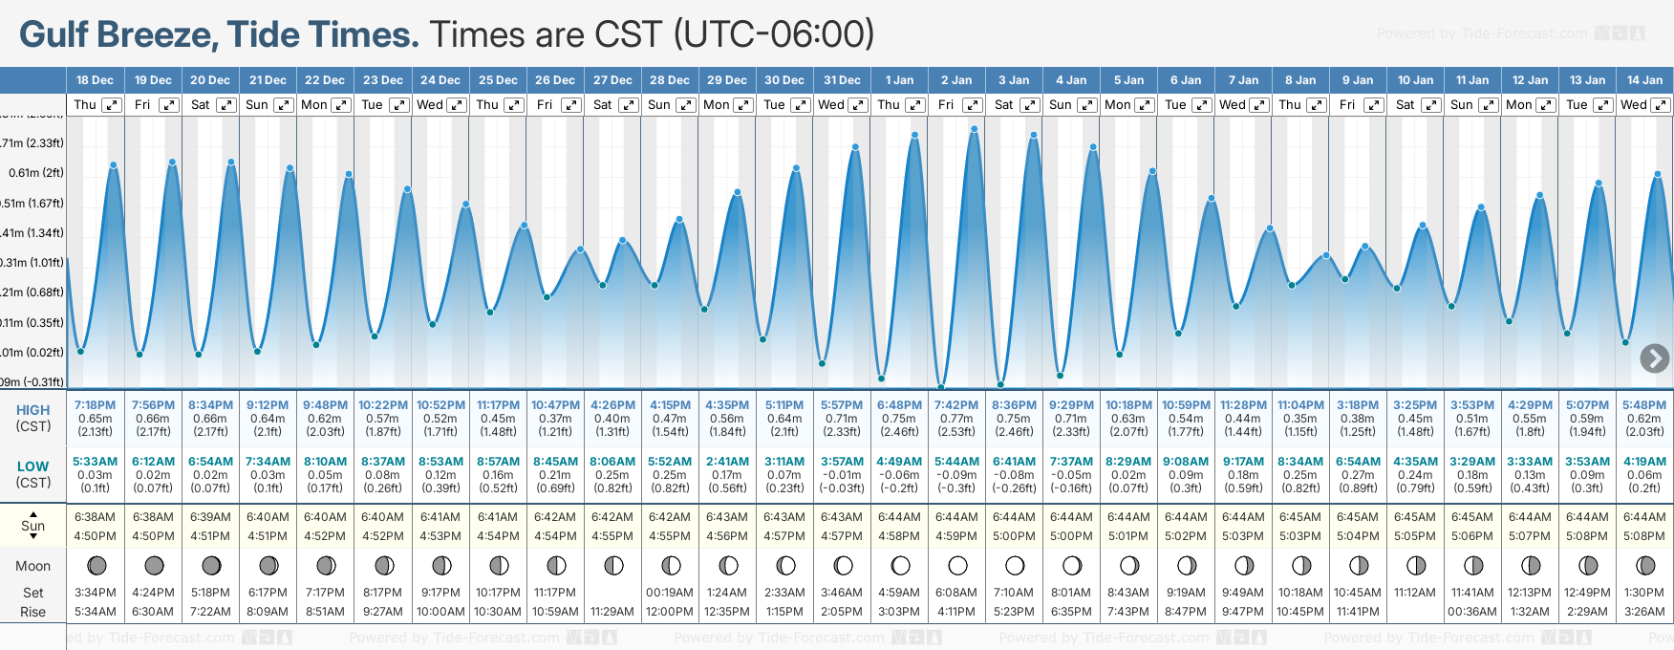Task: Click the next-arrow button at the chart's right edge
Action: pyautogui.click(x=1654, y=358)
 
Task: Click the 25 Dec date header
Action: pyautogui.click(x=498, y=80)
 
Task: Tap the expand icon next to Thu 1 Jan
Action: pyautogui.click(x=914, y=105)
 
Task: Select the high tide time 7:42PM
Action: pyautogui.click(x=956, y=405)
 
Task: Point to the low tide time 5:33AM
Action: pyautogui.click(x=95, y=462)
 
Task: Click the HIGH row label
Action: pyautogui.click(x=32, y=410)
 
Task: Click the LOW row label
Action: pyautogui.click(x=32, y=466)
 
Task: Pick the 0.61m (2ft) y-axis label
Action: pyautogui.click(x=36, y=173)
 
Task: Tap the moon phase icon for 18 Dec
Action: pyautogui.click(x=97, y=566)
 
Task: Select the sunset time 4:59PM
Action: pyautogui.click(x=956, y=536)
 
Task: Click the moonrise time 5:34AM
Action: pyautogui.click(x=95, y=612)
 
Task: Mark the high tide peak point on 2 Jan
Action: pyautogui.click(x=974, y=128)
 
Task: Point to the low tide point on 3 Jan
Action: pyautogui.click(x=1000, y=385)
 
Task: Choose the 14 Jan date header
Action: pyautogui.click(x=1644, y=80)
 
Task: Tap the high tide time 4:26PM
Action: pyautogui.click(x=612, y=405)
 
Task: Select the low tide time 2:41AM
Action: pyautogui.click(x=727, y=462)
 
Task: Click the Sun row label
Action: pyautogui.click(x=32, y=526)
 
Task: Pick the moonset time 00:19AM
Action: pyautogui.click(x=670, y=593)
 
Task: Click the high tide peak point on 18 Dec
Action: pyautogui.click(x=114, y=165)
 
